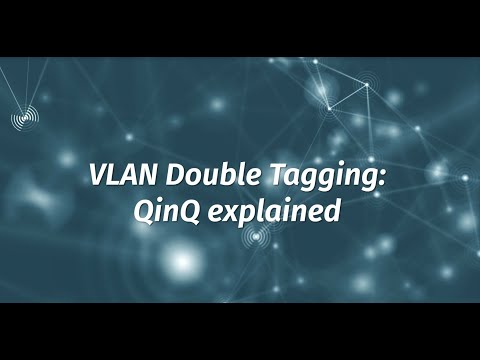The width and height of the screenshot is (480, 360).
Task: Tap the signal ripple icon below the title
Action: click(x=258, y=236)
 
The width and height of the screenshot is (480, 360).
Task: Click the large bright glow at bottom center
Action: click(x=182, y=262)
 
